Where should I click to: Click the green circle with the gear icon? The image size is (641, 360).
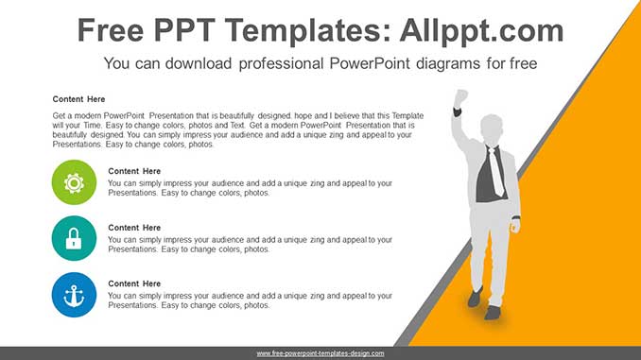74,182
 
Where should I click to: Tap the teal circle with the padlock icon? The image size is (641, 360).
74,238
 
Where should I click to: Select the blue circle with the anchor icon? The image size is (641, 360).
74,295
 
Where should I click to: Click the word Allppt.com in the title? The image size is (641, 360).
481,30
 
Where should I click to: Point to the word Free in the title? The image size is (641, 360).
111,30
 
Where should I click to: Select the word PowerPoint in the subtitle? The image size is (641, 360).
370,63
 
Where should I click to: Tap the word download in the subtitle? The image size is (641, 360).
199,63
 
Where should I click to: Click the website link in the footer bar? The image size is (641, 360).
320,353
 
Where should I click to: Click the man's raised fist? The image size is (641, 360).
460,97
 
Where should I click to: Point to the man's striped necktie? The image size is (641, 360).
495,171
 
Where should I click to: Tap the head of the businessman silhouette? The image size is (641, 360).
492,129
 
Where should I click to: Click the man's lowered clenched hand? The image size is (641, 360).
516,225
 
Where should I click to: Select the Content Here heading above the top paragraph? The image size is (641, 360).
78,99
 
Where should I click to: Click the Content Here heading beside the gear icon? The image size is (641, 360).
134,171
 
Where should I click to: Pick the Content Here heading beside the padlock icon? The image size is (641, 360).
134,228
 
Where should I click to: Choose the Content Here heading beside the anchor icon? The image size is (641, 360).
134,283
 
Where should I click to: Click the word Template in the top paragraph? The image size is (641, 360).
407,116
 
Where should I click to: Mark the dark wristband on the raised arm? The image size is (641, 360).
457,111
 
